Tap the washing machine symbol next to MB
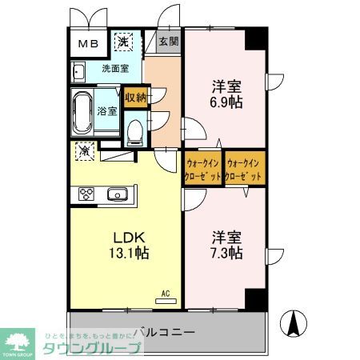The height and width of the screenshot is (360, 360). (x=124, y=42)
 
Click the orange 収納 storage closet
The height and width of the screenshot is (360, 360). (x=136, y=98)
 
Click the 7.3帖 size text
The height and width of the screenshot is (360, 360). (x=226, y=254)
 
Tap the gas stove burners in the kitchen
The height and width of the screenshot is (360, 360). (x=86, y=194)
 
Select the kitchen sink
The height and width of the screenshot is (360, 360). (x=117, y=194)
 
